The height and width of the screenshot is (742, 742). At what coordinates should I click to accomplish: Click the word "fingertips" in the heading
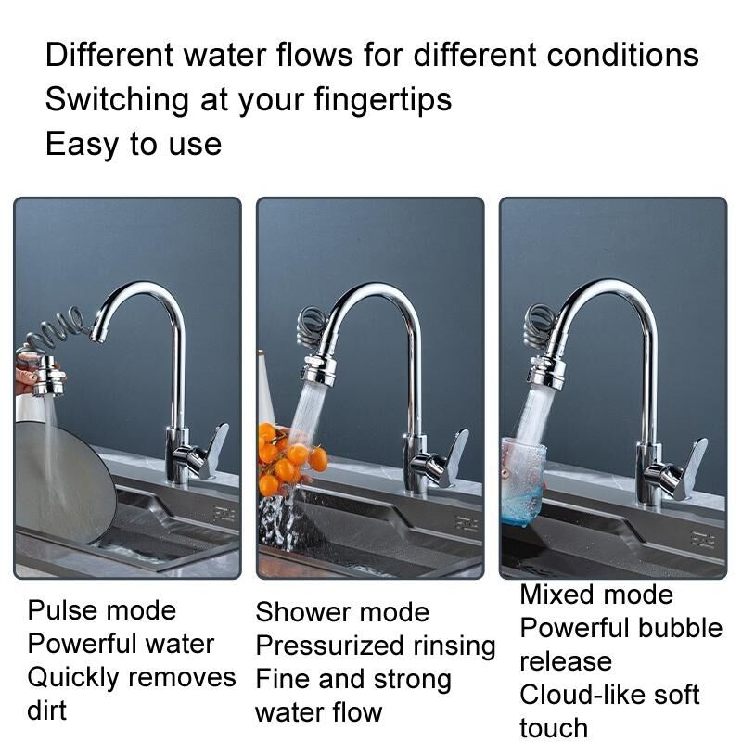(x=382, y=100)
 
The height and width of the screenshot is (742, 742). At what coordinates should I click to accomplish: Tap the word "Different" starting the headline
(x=109, y=54)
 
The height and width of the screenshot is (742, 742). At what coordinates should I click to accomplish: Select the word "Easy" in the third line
(x=82, y=146)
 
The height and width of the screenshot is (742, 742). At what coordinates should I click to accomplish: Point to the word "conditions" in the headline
(x=622, y=54)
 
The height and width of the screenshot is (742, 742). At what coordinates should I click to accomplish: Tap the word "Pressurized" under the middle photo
(x=330, y=646)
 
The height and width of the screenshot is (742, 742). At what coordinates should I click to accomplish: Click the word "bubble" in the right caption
(x=680, y=628)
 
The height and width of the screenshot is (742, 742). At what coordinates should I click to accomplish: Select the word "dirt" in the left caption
(x=47, y=710)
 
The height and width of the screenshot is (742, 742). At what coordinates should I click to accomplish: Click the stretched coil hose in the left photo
(x=56, y=326)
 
